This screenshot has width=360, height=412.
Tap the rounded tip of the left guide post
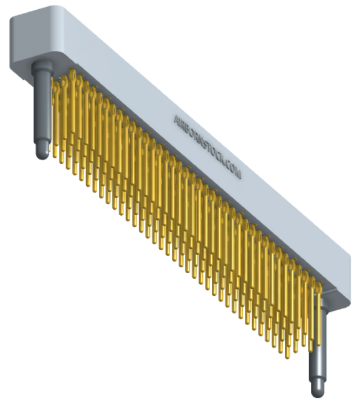pos(42,153)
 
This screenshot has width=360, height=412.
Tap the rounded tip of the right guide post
pos(318,390)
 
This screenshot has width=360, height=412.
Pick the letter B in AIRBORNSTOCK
pos(189,130)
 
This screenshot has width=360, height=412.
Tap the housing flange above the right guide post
pos(339,292)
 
